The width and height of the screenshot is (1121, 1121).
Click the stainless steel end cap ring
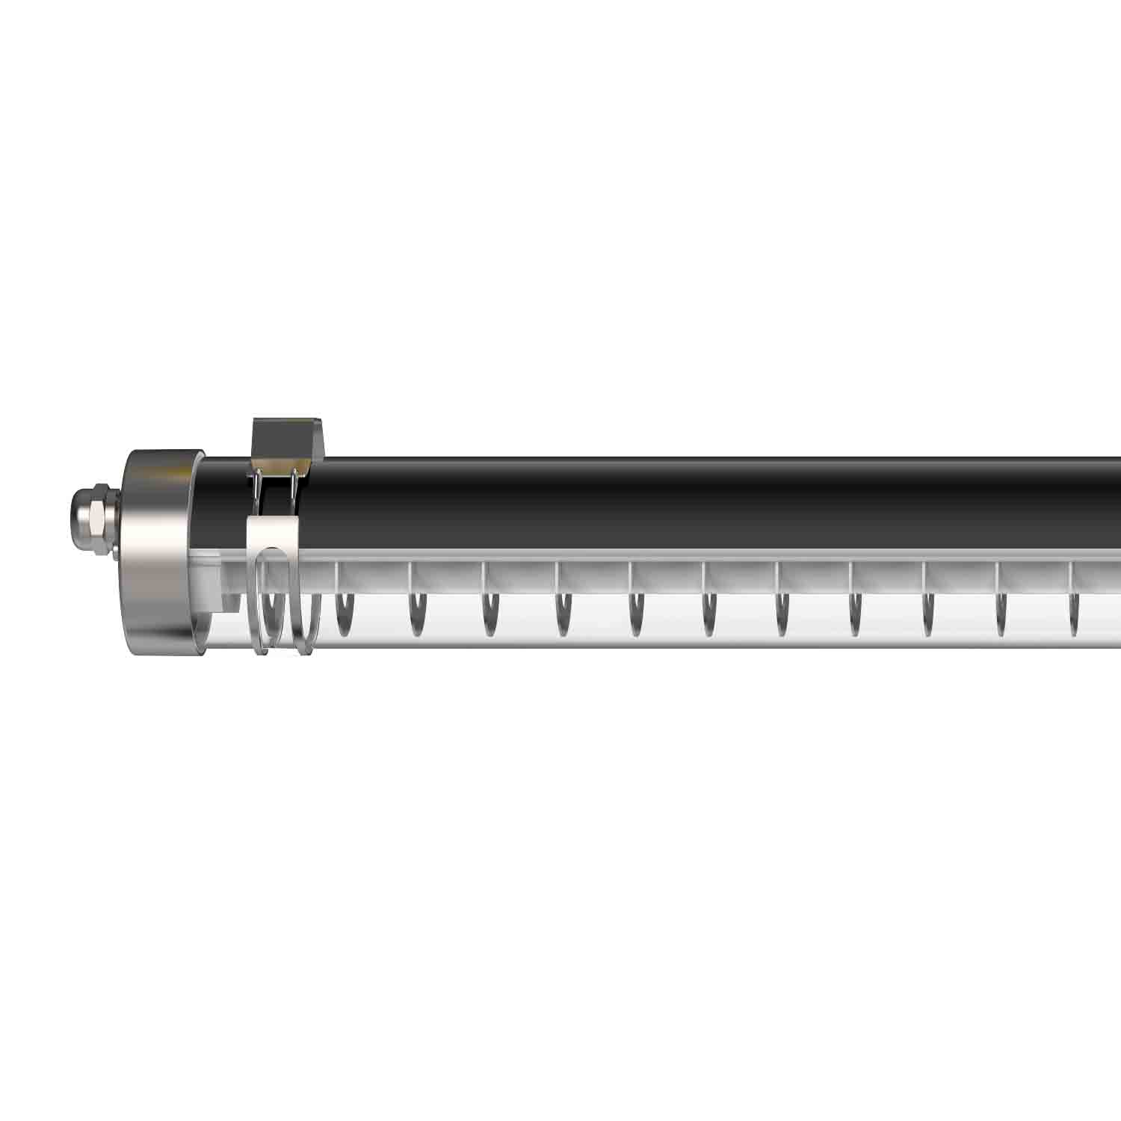tap(153, 553)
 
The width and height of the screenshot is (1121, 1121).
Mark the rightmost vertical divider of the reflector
tap(1072, 575)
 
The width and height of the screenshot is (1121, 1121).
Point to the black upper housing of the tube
tap(673, 501)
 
